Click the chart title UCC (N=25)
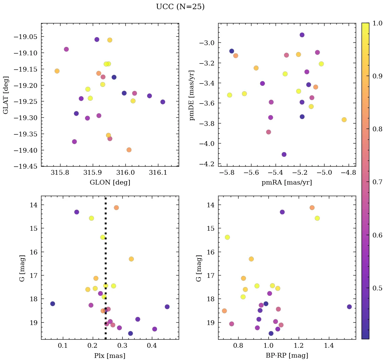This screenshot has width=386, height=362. (180, 7)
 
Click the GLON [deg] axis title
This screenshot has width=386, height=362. (110, 183)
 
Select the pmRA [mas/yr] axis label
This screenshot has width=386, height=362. (286, 183)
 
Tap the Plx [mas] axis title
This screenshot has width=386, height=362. (110, 356)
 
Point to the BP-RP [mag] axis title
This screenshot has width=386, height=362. (286, 356)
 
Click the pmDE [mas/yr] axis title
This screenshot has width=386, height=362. (192, 95)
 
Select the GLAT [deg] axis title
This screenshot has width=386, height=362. (6, 95)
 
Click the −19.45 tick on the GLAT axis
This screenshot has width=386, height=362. (25, 166)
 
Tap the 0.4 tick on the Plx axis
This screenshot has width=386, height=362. (152, 346)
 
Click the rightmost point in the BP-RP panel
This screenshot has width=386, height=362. (349, 307)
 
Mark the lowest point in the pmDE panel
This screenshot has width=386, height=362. (284, 154)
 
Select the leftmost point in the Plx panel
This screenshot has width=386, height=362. (52, 304)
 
